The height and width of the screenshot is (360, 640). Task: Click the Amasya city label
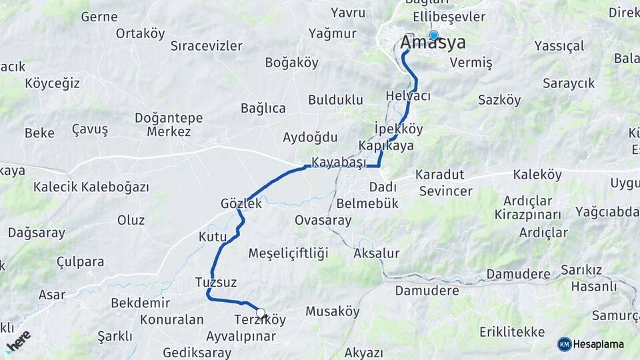click(433, 43)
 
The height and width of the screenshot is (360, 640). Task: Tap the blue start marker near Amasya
click(434, 35)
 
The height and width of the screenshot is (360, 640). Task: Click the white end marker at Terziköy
click(260, 312)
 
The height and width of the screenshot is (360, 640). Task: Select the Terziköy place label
click(260, 320)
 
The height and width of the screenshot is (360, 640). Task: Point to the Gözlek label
click(241, 204)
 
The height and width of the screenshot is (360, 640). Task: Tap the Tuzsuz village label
click(216, 282)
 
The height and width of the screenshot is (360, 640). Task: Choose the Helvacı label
click(408, 96)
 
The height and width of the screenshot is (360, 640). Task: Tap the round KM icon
click(565, 344)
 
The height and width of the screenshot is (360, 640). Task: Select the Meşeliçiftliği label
click(289, 253)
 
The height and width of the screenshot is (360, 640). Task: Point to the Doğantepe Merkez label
click(169, 125)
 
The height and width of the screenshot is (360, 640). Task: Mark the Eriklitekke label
click(512, 332)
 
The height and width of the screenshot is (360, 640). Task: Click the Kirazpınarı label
click(527, 215)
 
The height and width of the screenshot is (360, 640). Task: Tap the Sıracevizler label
click(206, 46)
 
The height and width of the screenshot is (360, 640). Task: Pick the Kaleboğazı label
click(115, 187)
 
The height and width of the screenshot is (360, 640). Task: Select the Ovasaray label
click(323, 219)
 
